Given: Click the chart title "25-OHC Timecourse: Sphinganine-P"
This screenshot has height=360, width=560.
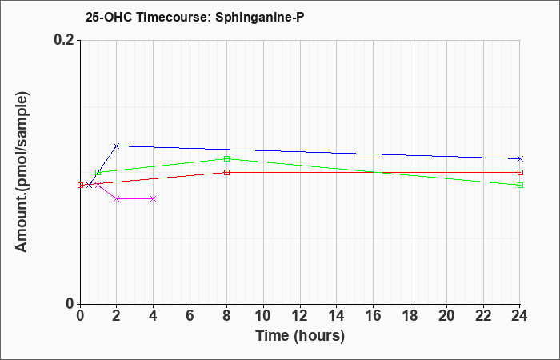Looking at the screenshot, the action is click(x=195, y=17).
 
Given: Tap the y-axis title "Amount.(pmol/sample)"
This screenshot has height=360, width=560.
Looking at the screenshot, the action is click(x=22, y=172).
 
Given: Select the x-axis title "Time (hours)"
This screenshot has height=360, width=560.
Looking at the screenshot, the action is click(x=300, y=336).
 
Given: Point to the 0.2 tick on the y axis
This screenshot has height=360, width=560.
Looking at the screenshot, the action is click(x=66, y=40).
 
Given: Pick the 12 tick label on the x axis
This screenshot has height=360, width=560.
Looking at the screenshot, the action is click(x=300, y=316).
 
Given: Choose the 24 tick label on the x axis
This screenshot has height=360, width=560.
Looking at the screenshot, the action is click(x=520, y=316).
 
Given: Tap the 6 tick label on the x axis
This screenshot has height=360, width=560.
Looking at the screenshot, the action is click(x=190, y=316).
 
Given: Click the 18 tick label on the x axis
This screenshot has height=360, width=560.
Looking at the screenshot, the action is click(x=410, y=316).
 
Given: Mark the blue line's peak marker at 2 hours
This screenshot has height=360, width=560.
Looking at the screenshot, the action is click(x=117, y=146).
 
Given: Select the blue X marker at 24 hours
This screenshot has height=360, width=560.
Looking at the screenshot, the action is click(x=520, y=158).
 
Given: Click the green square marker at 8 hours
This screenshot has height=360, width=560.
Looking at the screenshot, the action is click(x=226, y=158).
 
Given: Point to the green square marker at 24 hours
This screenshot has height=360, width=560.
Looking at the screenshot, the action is click(x=520, y=185).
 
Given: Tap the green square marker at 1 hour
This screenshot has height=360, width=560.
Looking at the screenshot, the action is click(x=98, y=172).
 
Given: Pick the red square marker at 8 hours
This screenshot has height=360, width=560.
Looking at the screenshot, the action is click(x=226, y=172).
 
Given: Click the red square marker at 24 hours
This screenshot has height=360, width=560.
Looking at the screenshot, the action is click(x=520, y=172).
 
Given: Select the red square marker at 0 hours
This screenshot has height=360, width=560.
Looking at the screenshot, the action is click(x=80, y=185).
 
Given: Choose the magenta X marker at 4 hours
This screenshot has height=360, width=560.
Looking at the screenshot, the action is click(x=154, y=198).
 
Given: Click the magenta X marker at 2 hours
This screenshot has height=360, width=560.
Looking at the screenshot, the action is click(x=117, y=198).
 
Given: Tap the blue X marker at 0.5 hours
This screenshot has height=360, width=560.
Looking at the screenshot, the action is click(x=90, y=185).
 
